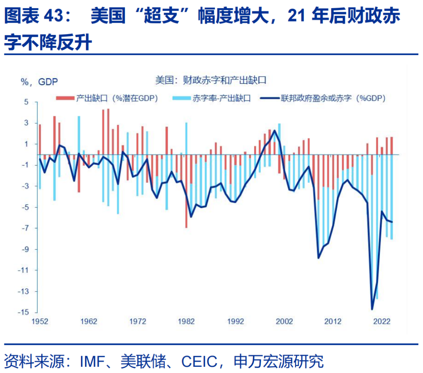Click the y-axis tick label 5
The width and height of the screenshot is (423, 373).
point(26,102)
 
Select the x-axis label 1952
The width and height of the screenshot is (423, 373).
point(40,322)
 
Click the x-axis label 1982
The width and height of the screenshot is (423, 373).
point(186,322)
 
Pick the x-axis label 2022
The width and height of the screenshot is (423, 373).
point(381,322)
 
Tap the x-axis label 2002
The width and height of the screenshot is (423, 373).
point(284,322)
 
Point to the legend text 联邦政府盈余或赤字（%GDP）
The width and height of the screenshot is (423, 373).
point(333,98)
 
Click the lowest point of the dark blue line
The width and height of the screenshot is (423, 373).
point(372,309)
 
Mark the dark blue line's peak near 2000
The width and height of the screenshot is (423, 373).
point(275,131)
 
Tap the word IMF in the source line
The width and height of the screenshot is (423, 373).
point(92,361)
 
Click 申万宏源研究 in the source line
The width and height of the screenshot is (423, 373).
point(278,361)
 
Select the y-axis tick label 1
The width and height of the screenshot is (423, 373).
point(26,144)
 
